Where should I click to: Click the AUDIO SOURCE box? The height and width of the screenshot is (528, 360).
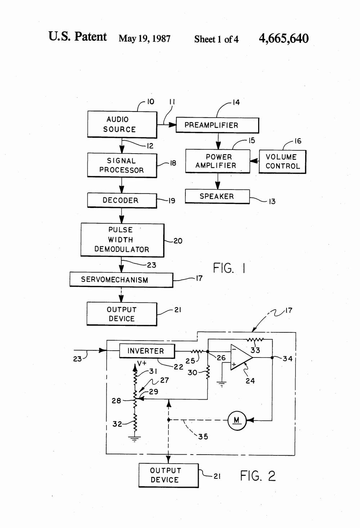point(122,124)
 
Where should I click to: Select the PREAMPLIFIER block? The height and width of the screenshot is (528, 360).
point(217,125)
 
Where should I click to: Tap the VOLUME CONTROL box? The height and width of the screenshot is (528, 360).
point(282,162)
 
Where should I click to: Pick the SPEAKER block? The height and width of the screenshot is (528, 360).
point(217,196)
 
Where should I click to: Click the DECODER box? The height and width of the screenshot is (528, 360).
point(122,200)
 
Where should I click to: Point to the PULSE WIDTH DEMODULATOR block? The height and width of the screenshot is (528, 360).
point(122,240)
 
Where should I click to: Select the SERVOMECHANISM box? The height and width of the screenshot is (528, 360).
point(121,280)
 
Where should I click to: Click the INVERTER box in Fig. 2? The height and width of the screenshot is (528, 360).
point(147,351)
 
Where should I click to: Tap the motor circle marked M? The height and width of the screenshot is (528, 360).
point(237,420)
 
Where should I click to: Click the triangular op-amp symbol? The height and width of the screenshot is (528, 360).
point(240,358)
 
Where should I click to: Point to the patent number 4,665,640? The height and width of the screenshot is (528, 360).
point(284,38)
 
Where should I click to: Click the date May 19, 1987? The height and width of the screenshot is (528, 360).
point(144,38)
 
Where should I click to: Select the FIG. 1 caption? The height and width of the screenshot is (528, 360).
point(229,268)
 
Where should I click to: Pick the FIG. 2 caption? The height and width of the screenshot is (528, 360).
point(258,475)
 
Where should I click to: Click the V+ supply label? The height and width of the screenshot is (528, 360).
point(142,364)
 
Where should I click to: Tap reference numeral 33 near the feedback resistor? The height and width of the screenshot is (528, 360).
point(255,350)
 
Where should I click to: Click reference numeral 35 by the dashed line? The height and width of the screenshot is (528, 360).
point(203,437)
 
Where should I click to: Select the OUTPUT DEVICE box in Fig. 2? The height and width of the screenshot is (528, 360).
point(168,475)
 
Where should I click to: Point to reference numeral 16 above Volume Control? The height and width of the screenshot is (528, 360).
point(298,141)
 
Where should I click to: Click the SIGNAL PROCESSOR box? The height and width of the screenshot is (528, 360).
point(122,165)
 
